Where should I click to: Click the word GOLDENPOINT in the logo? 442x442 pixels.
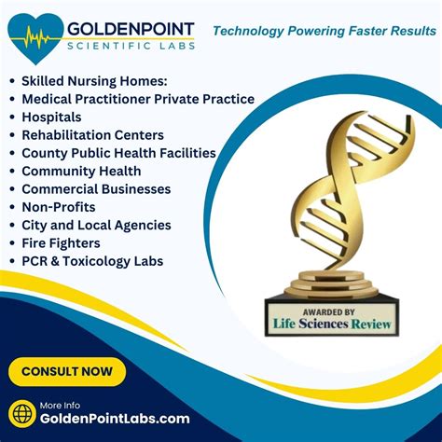pos(131,29)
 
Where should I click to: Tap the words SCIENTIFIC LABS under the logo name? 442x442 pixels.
pos(131,47)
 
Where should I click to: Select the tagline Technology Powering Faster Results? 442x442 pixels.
pos(325,31)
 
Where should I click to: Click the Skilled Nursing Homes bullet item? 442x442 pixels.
pos(94,81)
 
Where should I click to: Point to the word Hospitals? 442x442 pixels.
pos(51,117)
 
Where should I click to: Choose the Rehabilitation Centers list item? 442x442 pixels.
pos(92,135)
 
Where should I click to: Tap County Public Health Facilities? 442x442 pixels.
pos(118,153)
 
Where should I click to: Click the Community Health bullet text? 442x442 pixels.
pos(81,172)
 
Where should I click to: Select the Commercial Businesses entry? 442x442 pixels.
pos(96,189)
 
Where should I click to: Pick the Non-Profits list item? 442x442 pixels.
pos(59,207)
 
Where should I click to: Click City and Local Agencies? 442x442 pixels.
pos(96,226)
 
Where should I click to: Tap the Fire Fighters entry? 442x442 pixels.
pos(61,243)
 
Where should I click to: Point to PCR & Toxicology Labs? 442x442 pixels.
pos(92,261)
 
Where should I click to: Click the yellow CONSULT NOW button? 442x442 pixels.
pos(67,372)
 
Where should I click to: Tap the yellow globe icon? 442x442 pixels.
pos(22,414)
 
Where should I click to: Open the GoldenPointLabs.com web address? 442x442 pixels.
pos(115,419)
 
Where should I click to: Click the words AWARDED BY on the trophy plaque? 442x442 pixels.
pos(329,312)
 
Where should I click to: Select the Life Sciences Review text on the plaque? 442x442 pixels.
pos(332,324)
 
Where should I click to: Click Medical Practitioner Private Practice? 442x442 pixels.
pos(138,99)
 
